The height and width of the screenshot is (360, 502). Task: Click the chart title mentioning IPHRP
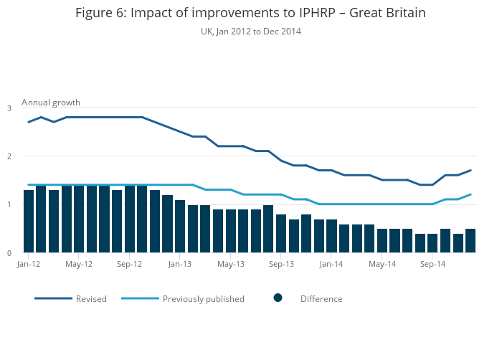tap(250, 14)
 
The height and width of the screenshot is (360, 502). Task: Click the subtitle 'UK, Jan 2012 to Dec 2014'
tap(250, 32)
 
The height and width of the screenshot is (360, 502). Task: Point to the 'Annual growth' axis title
tap(51, 103)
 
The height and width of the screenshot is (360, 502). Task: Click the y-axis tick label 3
tap(9, 108)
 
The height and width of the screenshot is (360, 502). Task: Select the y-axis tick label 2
tap(9, 156)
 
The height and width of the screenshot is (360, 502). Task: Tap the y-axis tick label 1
tap(9, 205)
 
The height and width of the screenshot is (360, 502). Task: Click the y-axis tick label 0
tap(9, 253)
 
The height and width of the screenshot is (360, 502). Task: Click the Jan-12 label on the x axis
tap(28, 264)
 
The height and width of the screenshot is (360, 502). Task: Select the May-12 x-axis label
tap(79, 264)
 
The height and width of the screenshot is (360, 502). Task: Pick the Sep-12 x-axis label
tap(129, 264)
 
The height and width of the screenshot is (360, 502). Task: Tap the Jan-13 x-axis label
tap(180, 264)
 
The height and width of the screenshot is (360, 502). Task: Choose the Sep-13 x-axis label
tap(281, 264)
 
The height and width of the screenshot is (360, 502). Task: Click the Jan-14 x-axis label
tap(331, 264)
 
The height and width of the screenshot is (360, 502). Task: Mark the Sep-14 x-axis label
tap(432, 264)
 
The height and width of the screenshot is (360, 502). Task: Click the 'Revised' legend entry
tap(91, 299)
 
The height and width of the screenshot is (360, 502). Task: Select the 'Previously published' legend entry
tap(203, 299)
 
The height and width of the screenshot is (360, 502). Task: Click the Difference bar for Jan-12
tap(29, 222)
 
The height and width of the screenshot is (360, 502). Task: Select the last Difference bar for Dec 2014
tap(470, 241)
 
